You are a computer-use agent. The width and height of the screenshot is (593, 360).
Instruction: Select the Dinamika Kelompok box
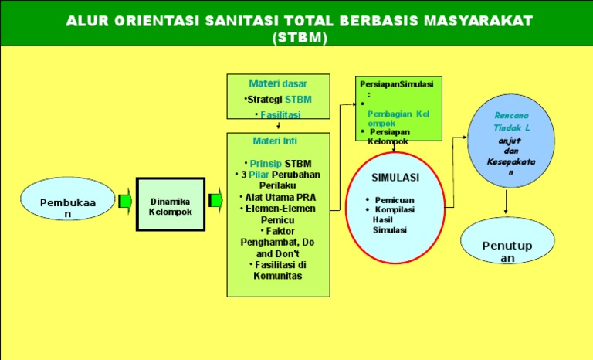(x=171, y=205)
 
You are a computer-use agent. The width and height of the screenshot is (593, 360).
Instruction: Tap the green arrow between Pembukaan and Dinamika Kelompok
(x=125, y=202)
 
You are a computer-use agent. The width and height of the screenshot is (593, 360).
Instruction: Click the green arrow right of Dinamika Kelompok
(x=215, y=202)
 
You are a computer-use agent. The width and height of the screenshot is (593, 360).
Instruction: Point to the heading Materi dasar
(x=278, y=83)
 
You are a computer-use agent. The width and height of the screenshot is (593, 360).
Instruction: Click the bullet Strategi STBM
(x=278, y=99)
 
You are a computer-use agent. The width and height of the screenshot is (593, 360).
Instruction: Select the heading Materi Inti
(x=275, y=141)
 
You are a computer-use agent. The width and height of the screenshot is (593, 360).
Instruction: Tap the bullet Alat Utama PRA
(x=278, y=197)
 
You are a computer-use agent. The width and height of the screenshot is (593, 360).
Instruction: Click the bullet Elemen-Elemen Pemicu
(x=278, y=214)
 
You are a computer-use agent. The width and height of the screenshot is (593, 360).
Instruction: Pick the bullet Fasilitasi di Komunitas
(x=278, y=270)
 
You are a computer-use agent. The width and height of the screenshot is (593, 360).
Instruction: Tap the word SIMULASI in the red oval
(x=395, y=177)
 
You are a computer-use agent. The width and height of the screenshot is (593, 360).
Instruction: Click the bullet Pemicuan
(x=394, y=199)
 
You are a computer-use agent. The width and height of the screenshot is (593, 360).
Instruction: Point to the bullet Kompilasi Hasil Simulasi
(x=395, y=219)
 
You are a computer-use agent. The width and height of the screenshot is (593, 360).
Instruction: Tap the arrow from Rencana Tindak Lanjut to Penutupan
(x=507, y=202)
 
